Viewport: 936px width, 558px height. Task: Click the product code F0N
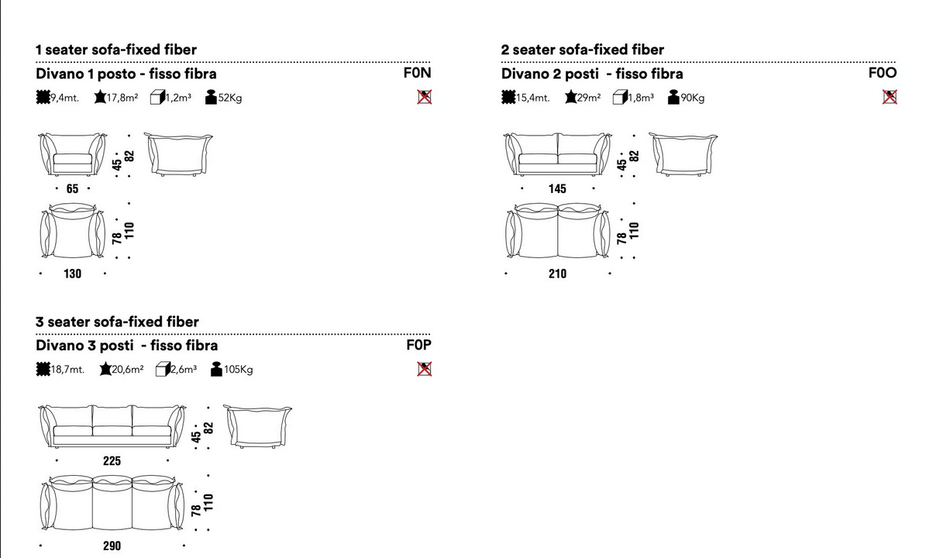click(x=417, y=73)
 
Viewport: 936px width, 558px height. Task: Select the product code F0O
click(x=883, y=73)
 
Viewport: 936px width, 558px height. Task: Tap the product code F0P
click(x=418, y=345)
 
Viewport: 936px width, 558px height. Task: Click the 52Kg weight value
click(x=230, y=98)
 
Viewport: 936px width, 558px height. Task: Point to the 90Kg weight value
click(x=693, y=98)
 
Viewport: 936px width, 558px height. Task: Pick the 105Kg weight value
click(x=238, y=370)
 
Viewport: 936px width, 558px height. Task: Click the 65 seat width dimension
click(x=72, y=189)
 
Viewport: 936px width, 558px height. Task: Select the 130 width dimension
click(x=72, y=274)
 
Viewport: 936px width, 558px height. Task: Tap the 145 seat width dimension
click(x=557, y=189)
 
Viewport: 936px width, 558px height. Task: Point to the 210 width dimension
click(x=557, y=274)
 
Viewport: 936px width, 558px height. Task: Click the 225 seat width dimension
click(x=112, y=461)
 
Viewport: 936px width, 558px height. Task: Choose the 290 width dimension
click(x=112, y=546)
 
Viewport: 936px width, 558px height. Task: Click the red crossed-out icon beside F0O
click(x=890, y=97)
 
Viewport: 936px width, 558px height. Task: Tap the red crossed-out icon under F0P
click(x=424, y=369)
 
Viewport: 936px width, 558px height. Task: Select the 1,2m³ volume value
click(x=178, y=98)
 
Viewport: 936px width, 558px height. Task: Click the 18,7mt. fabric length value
click(x=67, y=370)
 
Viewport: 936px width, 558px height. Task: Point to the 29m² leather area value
click(x=589, y=98)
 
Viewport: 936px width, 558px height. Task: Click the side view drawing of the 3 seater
click(x=257, y=426)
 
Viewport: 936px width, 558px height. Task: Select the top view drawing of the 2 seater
click(x=557, y=230)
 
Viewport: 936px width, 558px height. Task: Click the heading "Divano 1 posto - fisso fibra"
click(x=126, y=74)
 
